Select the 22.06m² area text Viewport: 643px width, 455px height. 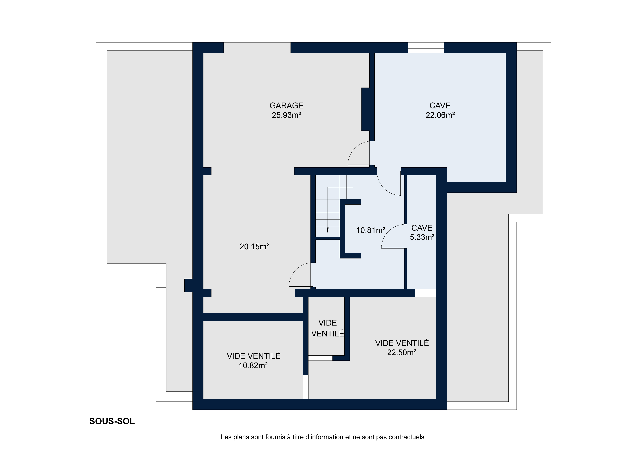tap(440, 115)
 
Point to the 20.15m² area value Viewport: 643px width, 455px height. tap(254, 247)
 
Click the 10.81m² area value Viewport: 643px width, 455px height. tap(371, 230)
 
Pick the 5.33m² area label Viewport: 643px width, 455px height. tap(422, 237)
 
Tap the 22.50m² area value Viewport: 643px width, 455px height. tap(402, 353)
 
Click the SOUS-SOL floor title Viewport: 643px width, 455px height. tap(112, 422)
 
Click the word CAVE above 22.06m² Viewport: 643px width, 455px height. tap(440, 105)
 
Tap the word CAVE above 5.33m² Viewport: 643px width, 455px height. tap(422, 228)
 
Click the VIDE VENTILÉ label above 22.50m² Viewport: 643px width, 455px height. tap(402, 343)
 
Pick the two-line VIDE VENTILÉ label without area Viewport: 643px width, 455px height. tap(328, 328)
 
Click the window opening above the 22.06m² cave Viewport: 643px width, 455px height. tap(426, 48)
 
